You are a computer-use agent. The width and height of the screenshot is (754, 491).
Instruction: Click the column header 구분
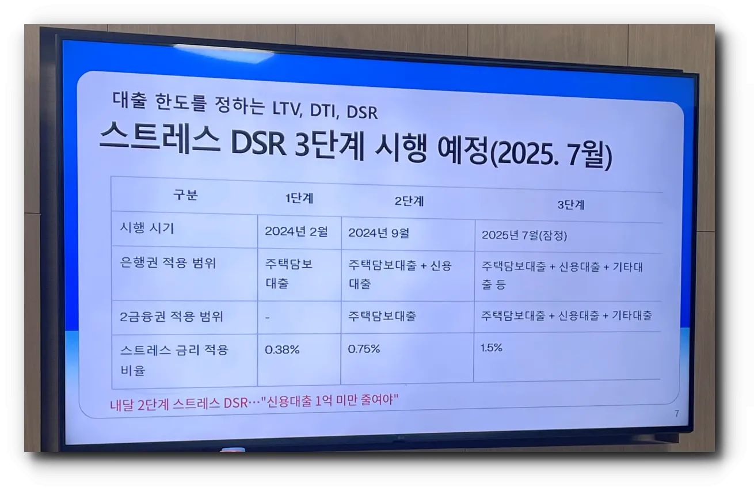click(x=185, y=195)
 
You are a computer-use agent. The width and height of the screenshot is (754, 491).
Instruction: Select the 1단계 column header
click(x=299, y=199)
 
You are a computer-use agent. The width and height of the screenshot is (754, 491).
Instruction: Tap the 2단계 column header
click(x=409, y=201)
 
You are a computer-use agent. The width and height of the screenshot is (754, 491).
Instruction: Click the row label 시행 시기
click(x=147, y=228)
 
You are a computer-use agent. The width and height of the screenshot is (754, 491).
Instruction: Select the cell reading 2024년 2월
click(x=296, y=231)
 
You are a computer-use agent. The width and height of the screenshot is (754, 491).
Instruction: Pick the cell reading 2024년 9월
click(x=378, y=233)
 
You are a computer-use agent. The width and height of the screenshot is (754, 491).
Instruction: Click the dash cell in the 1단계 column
click(x=268, y=317)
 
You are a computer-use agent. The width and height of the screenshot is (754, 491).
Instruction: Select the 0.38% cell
click(x=282, y=349)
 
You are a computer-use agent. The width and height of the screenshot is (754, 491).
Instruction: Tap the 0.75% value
click(x=364, y=349)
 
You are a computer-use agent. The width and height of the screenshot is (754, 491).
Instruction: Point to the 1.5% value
click(x=492, y=348)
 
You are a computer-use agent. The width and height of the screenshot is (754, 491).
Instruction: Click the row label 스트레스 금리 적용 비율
click(x=174, y=359)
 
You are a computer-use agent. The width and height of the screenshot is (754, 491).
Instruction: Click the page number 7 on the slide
click(x=677, y=413)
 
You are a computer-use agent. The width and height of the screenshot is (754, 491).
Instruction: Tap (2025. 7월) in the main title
click(x=549, y=154)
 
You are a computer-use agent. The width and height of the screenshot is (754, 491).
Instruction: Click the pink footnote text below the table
click(x=254, y=402)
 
